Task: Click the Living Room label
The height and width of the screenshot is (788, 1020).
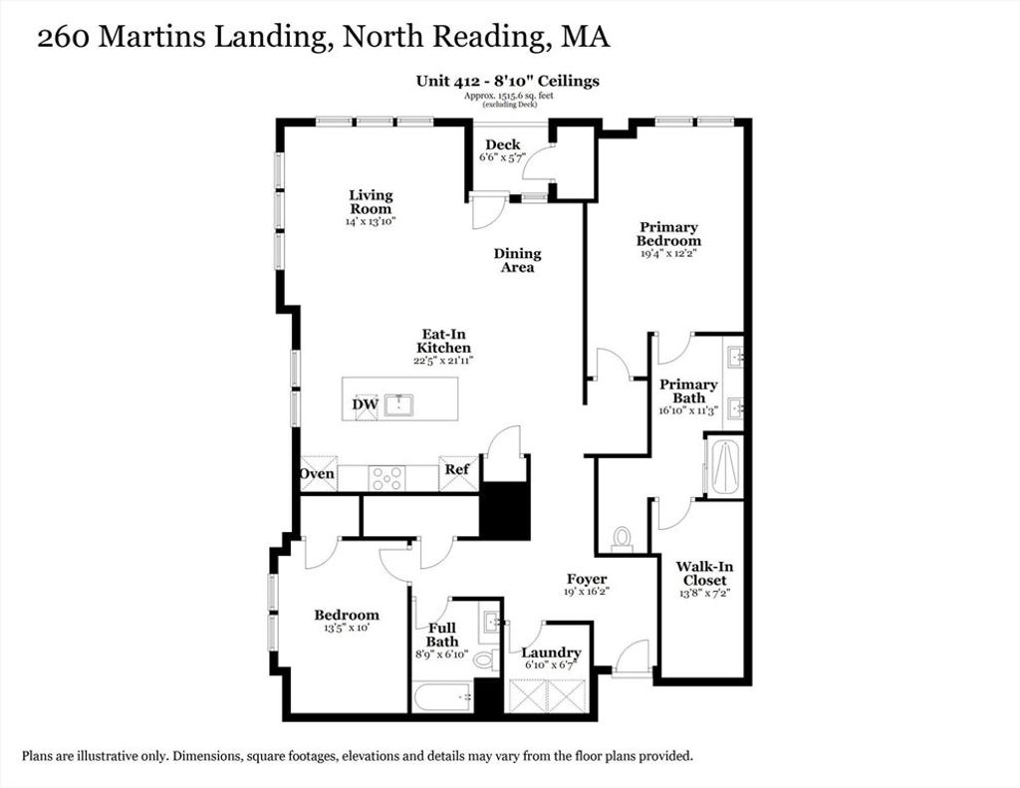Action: click(371, 201)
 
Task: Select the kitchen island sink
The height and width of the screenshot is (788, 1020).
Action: click(398, 405)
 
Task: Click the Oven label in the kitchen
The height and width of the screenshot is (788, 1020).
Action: click(318, 473)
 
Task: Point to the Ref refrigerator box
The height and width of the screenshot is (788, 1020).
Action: click(458, 473)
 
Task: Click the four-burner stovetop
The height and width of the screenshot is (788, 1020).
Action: click(386, 478)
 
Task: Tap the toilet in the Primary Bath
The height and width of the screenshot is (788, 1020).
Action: click(623, 539)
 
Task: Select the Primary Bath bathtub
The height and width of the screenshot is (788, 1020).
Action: click(725, 467)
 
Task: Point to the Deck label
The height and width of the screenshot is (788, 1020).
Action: click(503, 144)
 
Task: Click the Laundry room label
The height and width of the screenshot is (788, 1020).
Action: click(551, 652)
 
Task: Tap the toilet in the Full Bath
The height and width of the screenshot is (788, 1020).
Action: click(485, 659)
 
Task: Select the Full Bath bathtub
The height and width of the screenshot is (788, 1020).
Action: click(443, 697)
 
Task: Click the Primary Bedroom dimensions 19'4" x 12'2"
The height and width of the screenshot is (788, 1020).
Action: click(668, 254)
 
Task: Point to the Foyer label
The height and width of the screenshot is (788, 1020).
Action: click(587, 579)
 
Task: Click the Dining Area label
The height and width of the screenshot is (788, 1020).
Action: click(517, 260)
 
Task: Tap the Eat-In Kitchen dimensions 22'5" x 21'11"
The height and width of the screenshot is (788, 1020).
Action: click(443, 361)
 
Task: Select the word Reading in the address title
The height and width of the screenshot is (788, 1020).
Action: click(488, 37)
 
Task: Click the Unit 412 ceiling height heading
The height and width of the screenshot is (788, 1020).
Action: click(507, 82)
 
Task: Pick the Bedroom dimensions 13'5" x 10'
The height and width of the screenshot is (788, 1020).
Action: click(347, 629)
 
